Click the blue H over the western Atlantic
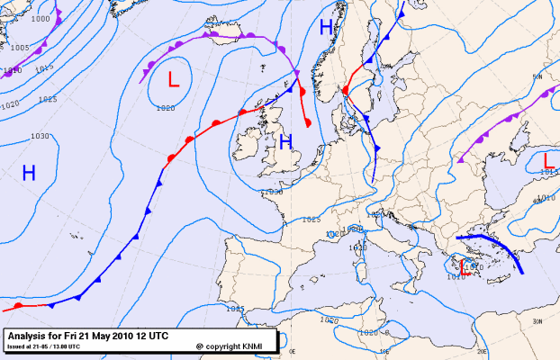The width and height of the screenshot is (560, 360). point(29,173)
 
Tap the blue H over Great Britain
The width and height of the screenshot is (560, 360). point(285,141)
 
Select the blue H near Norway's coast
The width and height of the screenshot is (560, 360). point(326,28)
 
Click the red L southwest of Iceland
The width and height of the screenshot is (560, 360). point(174,79)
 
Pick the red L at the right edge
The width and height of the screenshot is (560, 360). point(550,161)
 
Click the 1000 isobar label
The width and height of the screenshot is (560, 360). point(40,18)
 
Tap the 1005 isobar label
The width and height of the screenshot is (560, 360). point(20,47)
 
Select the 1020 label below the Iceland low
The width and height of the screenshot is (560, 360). point(166,108)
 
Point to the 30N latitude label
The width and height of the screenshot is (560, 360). point(537,321)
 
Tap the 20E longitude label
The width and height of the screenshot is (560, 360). point(481,353)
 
